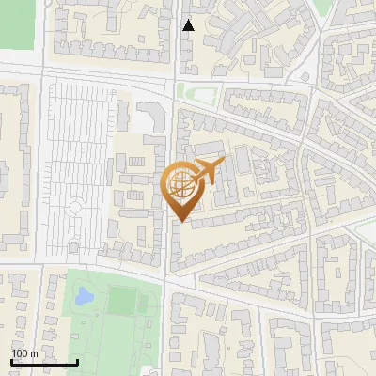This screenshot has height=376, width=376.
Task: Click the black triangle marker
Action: pos(189,25)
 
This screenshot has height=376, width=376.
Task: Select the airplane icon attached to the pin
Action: pos(208,172)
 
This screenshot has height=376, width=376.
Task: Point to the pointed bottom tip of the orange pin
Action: pos(180,221)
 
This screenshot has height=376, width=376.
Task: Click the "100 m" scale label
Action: pos(24,352)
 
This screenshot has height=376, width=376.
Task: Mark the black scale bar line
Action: pos(44,362)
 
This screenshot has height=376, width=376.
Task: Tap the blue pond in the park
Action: pos(84,297)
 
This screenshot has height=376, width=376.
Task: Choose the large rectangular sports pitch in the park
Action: pos(121,301)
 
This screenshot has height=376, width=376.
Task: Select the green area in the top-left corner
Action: pos(16,23)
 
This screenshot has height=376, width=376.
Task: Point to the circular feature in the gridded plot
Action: pos(73,207)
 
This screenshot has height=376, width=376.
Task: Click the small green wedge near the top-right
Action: pos(321,8)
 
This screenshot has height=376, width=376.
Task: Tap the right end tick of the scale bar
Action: pos(78,362)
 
